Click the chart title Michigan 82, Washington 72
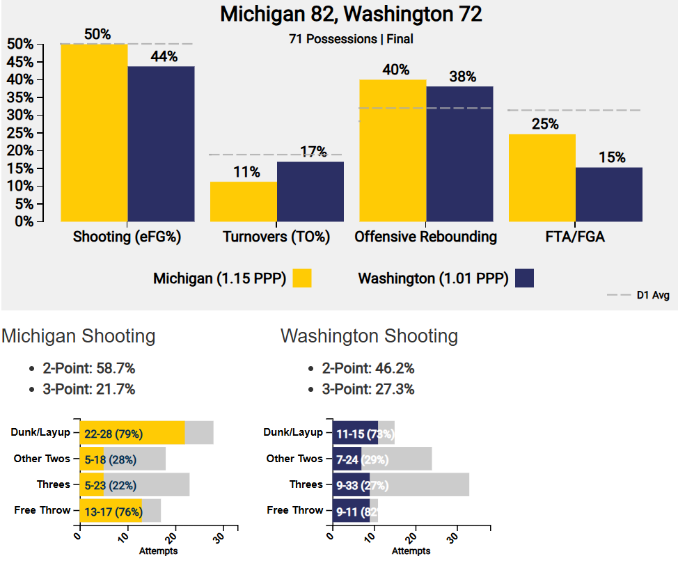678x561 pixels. [351, 14]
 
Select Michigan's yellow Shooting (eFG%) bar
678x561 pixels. [94, 132]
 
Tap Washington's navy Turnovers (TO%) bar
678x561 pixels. [310, 191]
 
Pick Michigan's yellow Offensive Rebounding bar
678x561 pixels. [393, 150]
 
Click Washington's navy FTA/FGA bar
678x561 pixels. [609, 194]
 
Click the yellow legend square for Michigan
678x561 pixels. [302, 278]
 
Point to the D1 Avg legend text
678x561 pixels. [653, 295]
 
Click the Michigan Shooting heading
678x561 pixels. [79, 336]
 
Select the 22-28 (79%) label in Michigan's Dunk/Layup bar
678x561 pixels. [113, 434]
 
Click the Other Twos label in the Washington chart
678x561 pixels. [294, 459]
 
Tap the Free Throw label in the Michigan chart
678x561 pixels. [42, 510]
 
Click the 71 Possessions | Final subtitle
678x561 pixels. [351, 39]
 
